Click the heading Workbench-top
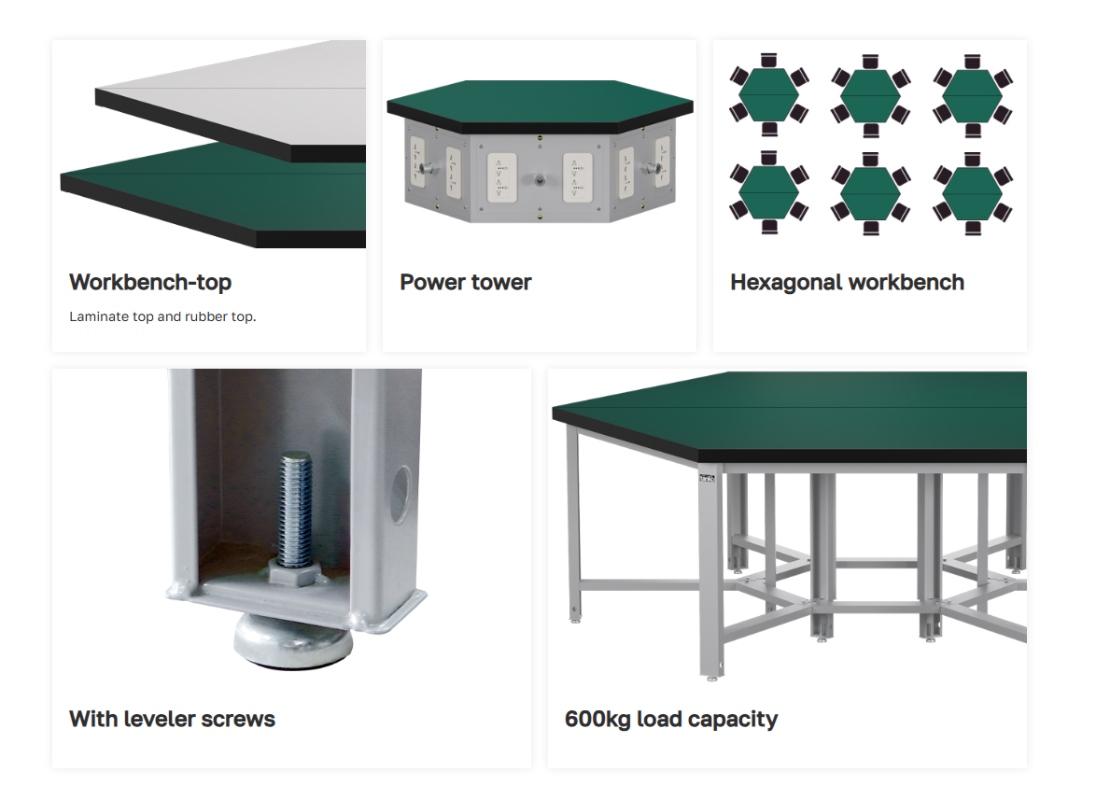point(150,282)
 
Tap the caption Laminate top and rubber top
point(162,316)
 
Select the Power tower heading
point(466,282)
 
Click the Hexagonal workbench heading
point(847,282)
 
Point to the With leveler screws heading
point(172,719)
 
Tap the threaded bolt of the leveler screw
point(296,507)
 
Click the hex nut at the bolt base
point(295,572)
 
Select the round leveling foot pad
point(293,639)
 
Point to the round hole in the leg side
point(401,495)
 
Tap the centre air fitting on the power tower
point(540,180)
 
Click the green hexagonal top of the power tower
point(540,105)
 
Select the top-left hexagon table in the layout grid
point(769,94)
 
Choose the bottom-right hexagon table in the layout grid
point(972,192)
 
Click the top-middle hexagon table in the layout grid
point(870,94)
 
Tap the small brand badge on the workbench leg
point(708,478)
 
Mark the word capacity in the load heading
point(733,719)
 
